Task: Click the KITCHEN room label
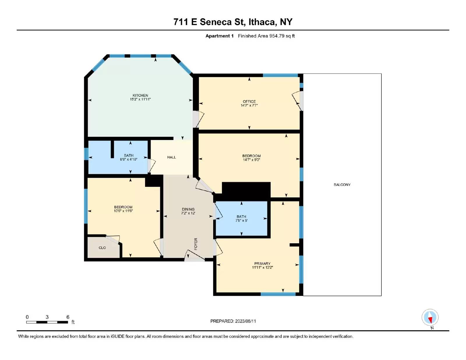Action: point(140,95)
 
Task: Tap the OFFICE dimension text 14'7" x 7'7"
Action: point(249,105)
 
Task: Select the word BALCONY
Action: point(342,185)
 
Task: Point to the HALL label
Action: point(172,157)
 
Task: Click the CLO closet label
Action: point(102,248)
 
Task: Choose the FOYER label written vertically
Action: point(196,244)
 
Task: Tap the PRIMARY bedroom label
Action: point(262,264)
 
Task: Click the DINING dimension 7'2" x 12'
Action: point(188,213)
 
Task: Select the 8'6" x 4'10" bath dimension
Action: point(129,159)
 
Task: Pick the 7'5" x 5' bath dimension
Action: point(241,221)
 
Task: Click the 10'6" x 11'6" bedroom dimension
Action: point(123,211)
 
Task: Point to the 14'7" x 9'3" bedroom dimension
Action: point(251,160)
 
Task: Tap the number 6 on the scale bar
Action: point(68,317)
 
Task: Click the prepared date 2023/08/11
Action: point(245,321)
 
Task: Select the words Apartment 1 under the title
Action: point(219,36)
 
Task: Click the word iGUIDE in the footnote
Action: point(117,336)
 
